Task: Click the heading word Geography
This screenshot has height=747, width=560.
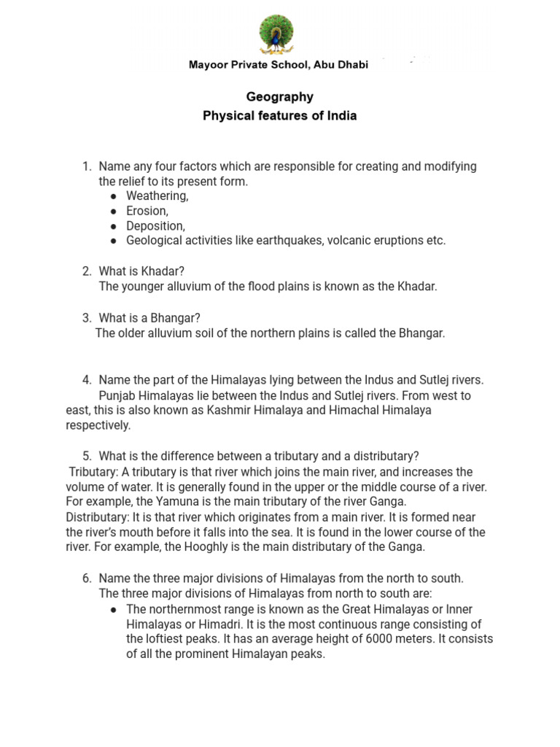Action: (279, 97)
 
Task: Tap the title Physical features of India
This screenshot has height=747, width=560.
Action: (279, 116)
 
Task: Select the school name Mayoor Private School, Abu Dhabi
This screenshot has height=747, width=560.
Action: (279, 65)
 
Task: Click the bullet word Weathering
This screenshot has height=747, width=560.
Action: (157, 196)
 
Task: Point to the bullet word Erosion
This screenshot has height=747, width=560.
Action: (147, 211)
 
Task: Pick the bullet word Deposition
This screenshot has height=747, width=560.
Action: (155, 226)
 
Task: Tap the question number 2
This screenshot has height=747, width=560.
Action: (87, 271)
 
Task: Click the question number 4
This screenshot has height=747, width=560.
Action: (87, 380)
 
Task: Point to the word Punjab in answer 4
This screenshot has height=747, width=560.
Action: (117, 395)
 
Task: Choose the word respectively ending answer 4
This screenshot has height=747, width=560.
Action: (98, 425)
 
